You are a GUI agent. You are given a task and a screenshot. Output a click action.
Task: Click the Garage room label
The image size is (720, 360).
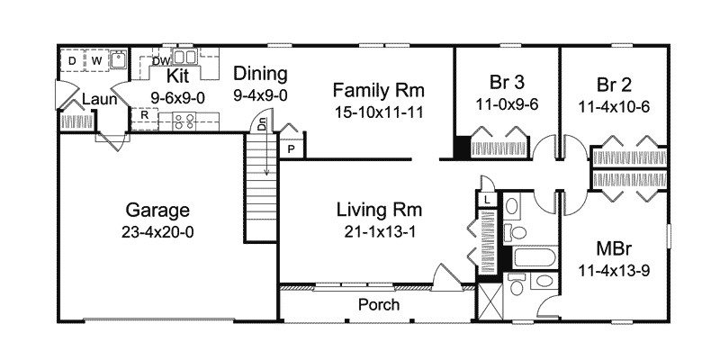[157, 211]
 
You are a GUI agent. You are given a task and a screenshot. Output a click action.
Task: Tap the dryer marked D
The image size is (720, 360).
[72, 60]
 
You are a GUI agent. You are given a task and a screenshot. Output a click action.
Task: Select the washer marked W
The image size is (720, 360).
[96, 60]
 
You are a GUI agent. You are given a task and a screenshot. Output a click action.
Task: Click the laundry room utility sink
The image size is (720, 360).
[119, 59]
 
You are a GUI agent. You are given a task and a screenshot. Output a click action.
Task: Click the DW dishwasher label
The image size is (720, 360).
[161, 60]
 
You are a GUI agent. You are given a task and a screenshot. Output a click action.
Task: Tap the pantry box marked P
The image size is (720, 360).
[291, 148]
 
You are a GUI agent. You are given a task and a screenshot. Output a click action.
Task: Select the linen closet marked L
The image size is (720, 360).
[487, 199]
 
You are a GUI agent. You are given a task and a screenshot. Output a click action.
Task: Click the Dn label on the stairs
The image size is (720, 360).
[261, 124]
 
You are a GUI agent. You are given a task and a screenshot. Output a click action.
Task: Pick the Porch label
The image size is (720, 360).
[379, 305]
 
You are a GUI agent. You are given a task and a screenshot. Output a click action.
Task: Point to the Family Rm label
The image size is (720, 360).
[378, 90]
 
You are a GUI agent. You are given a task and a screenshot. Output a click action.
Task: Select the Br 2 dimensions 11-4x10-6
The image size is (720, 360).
[614, 107]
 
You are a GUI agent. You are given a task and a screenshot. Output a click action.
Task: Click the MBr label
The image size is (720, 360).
[614, 249]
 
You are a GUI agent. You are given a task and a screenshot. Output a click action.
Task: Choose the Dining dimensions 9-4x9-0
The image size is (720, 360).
[260, 95]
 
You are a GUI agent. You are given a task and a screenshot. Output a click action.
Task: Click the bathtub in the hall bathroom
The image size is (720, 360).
[535, 256]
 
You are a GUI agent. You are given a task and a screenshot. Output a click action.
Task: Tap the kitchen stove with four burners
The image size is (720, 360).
[184, 121]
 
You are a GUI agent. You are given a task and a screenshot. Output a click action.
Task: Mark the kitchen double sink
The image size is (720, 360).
[184, 57]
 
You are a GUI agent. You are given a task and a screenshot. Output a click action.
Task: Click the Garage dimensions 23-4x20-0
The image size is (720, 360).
[157, 232]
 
